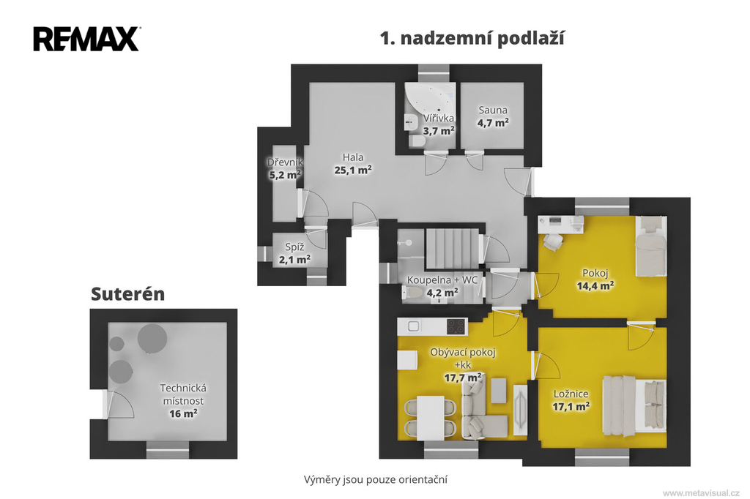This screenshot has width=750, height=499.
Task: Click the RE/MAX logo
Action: pyautogui.click(x=86, y=39)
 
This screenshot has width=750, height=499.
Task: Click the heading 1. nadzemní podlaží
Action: pyautogui.click(x=472, y=38)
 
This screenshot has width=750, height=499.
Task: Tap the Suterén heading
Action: pyautogui.click(x=127, y=294)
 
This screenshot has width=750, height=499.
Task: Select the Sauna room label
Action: pyautogui.click(x=493, y=110)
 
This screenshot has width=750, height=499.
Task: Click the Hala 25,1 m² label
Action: pyautogui.click(x=353, y=163)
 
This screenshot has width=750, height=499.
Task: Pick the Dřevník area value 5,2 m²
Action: pyautogui.click(x=285, y=175)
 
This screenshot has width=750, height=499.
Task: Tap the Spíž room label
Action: pyautogui.click(x=294, y=247)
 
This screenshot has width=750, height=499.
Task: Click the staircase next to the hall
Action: pyautogui.click(x=453, y=248)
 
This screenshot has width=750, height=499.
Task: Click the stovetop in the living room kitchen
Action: pyautogui.click(x=456, y=326)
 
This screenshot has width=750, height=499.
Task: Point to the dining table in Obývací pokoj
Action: pyautogui.click(x=431, y=417)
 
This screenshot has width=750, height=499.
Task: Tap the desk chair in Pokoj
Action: pyautogui.click(x=552, y=242)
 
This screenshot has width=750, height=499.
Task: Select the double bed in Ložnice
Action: pyautogui.click(x=634, y=406)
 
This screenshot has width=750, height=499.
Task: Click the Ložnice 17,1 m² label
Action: pyautogui.click(x=571, y=400)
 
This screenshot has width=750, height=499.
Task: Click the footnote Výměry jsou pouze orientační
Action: pyautogui.click(x=376, y=479)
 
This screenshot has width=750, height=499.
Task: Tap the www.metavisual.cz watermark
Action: pyautogui.click(x=701, y=493)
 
